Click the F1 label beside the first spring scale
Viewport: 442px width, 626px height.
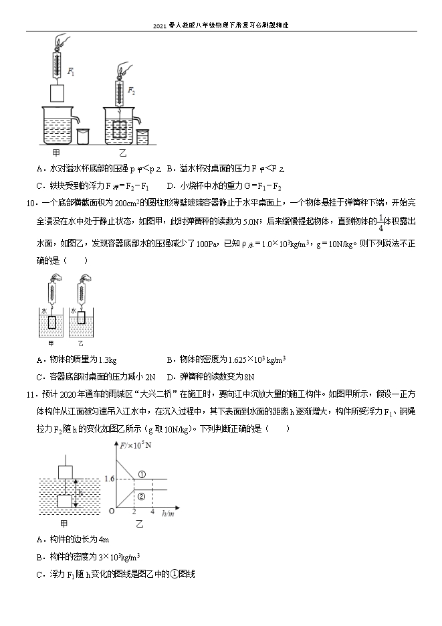[x=71, y=69]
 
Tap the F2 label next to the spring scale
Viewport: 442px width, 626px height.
[x=132, y=90]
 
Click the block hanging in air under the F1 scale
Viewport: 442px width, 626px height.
[x=58, y=92]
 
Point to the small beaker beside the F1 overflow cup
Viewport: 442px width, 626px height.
[x=82, y=136]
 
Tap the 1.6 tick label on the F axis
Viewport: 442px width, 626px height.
[x=110, y=479]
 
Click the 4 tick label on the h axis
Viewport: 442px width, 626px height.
[x=153, y=512]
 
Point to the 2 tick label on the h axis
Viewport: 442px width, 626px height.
[x=135, y=512]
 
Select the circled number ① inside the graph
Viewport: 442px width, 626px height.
[x=141, y=475]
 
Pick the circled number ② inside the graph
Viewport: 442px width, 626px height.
[x=141, y=496]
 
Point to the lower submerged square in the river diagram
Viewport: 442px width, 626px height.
[x=66, y=501]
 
